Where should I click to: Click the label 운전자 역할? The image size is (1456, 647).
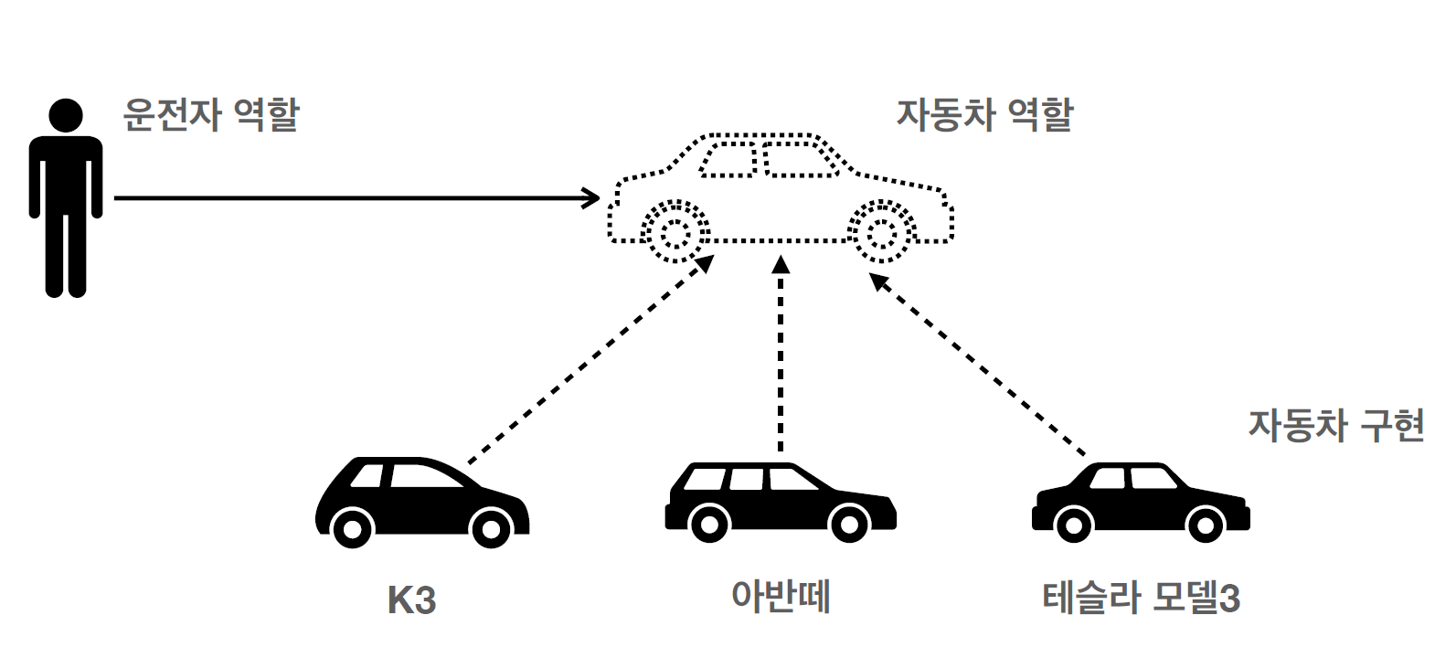(211, 115)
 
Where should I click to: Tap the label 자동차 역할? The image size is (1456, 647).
(984, 115)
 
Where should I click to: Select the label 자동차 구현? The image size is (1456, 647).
(1336, 426)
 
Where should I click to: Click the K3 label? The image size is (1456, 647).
(411, 600)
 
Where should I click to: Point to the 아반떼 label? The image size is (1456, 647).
(780, 597)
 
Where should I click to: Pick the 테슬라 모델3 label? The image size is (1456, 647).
(1141, 599)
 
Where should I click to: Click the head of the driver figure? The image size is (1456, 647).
(65, 116)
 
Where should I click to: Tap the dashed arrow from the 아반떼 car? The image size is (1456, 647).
(781, 356)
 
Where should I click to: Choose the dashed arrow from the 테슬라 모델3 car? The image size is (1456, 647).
(978, 363)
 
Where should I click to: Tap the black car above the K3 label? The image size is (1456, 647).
(421, 502)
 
